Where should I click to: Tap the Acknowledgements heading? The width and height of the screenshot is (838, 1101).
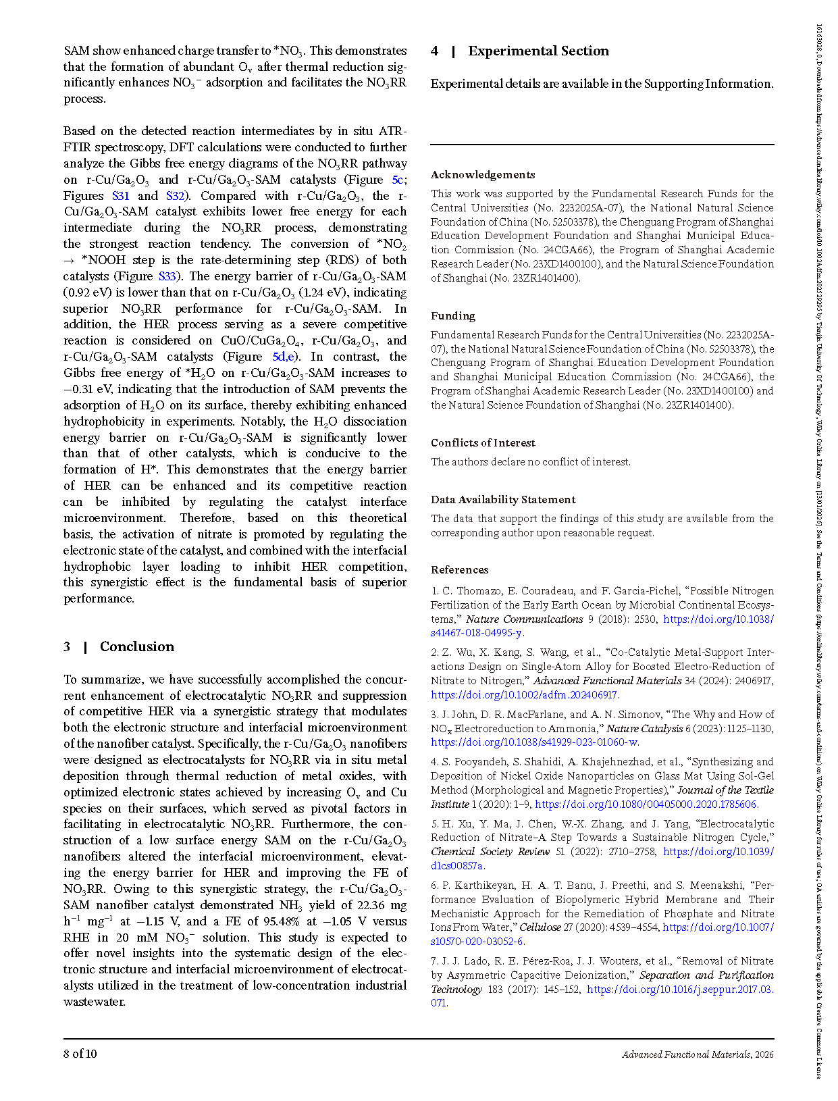tap(483, 174)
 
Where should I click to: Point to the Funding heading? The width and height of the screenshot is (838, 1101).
tap(453, 315)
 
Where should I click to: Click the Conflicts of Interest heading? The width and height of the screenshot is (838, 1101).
tap(483, 442)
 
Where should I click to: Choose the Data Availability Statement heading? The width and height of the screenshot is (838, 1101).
tap(503, 499)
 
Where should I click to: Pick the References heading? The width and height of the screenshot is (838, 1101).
tap(460, 569)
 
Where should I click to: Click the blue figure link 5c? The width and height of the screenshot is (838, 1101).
tap(398, 180)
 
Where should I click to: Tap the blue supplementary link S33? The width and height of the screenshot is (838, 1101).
tap(167, 276)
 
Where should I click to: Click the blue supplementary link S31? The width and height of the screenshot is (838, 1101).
tap(120, 196)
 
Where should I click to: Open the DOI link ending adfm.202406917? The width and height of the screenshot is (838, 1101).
tap(524, 694)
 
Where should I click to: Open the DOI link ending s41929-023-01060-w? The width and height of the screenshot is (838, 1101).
tap(534, 742)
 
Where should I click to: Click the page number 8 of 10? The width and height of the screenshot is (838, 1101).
tap(80, 1054)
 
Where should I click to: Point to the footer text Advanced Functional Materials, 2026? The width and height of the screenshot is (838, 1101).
tap(698, 1054)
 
